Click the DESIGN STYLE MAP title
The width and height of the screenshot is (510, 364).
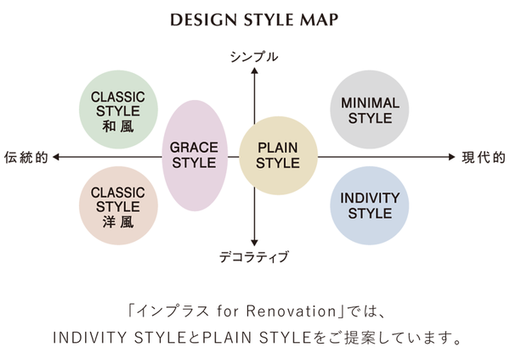pyautogui.click(x=254, y=19)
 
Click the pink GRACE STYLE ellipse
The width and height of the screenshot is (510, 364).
pyautogui.click(x=195, y=155)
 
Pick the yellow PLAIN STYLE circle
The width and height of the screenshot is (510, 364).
pyautogui.click(x=278, y=156)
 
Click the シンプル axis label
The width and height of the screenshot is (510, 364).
pyautogui.click(x=254, y=57)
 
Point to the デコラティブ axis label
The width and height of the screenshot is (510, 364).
pyautogui.click(x=255, y=256)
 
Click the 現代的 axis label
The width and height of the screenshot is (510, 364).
pyautogui.click(x=484, y=157)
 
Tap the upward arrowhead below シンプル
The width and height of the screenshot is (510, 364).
pyautogui.click(x=254, y=72)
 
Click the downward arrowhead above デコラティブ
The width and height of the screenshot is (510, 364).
pyautogui.click(x=254, y=241)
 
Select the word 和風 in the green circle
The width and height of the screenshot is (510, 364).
pyautogui.click(x=118, y=126)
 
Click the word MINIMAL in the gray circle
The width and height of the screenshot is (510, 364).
pyautogui.click(x=370, y=103)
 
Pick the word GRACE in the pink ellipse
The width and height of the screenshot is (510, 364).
pyautogui.click(x=195, y=147)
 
